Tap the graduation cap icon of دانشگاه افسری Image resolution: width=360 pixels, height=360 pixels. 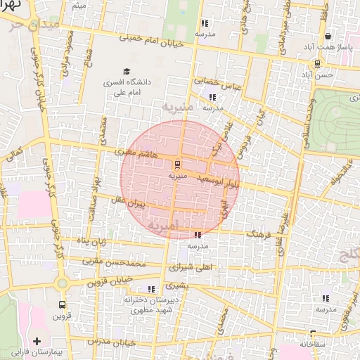pos(127,71)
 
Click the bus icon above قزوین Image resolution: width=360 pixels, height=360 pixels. pos(63,305)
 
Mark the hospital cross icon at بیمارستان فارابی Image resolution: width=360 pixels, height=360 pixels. pos(37,341)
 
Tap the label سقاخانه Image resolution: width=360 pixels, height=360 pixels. pos(314,345)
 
